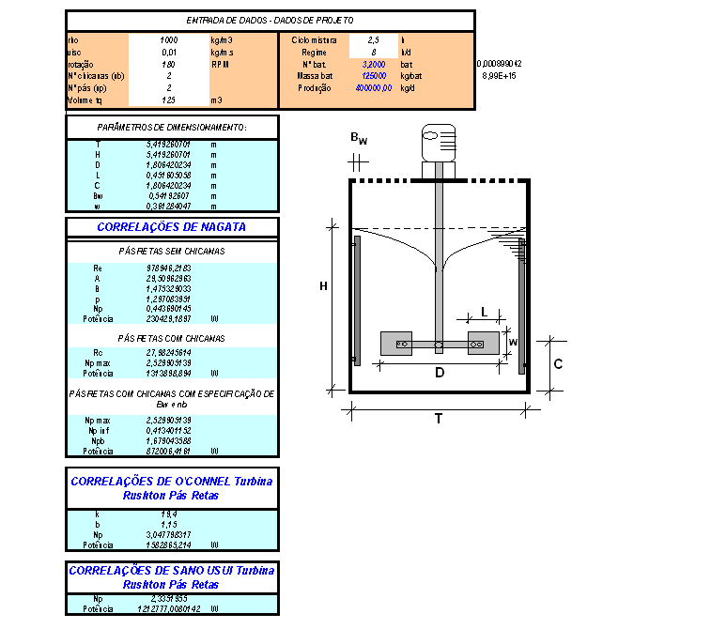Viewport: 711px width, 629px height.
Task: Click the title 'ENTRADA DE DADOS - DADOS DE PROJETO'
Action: click(270, 20)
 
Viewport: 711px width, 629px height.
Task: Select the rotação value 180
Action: click(169, 64)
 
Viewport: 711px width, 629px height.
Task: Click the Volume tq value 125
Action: click(169, 99)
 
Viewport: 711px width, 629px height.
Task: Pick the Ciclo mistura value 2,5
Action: click(373, 40)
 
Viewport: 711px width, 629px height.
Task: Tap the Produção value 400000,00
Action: click(373, 87)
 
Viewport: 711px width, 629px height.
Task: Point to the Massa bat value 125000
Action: click(375, 75)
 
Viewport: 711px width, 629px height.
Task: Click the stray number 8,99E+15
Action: click(499, 75)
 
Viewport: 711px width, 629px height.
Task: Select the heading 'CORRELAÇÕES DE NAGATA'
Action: click(172, 227)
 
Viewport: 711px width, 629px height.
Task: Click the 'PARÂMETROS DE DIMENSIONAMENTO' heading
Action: click(172, 127)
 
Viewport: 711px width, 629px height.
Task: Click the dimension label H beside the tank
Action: click(322, 285)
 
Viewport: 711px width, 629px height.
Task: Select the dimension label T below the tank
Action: click(438, 420)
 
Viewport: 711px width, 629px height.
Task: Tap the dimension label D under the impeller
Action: click(438, 374)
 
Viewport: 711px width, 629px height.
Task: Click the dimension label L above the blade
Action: click(483, 310)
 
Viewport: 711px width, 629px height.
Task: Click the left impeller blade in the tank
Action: click(403, 345)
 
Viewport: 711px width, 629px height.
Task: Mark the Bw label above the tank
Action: click(358, 138)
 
